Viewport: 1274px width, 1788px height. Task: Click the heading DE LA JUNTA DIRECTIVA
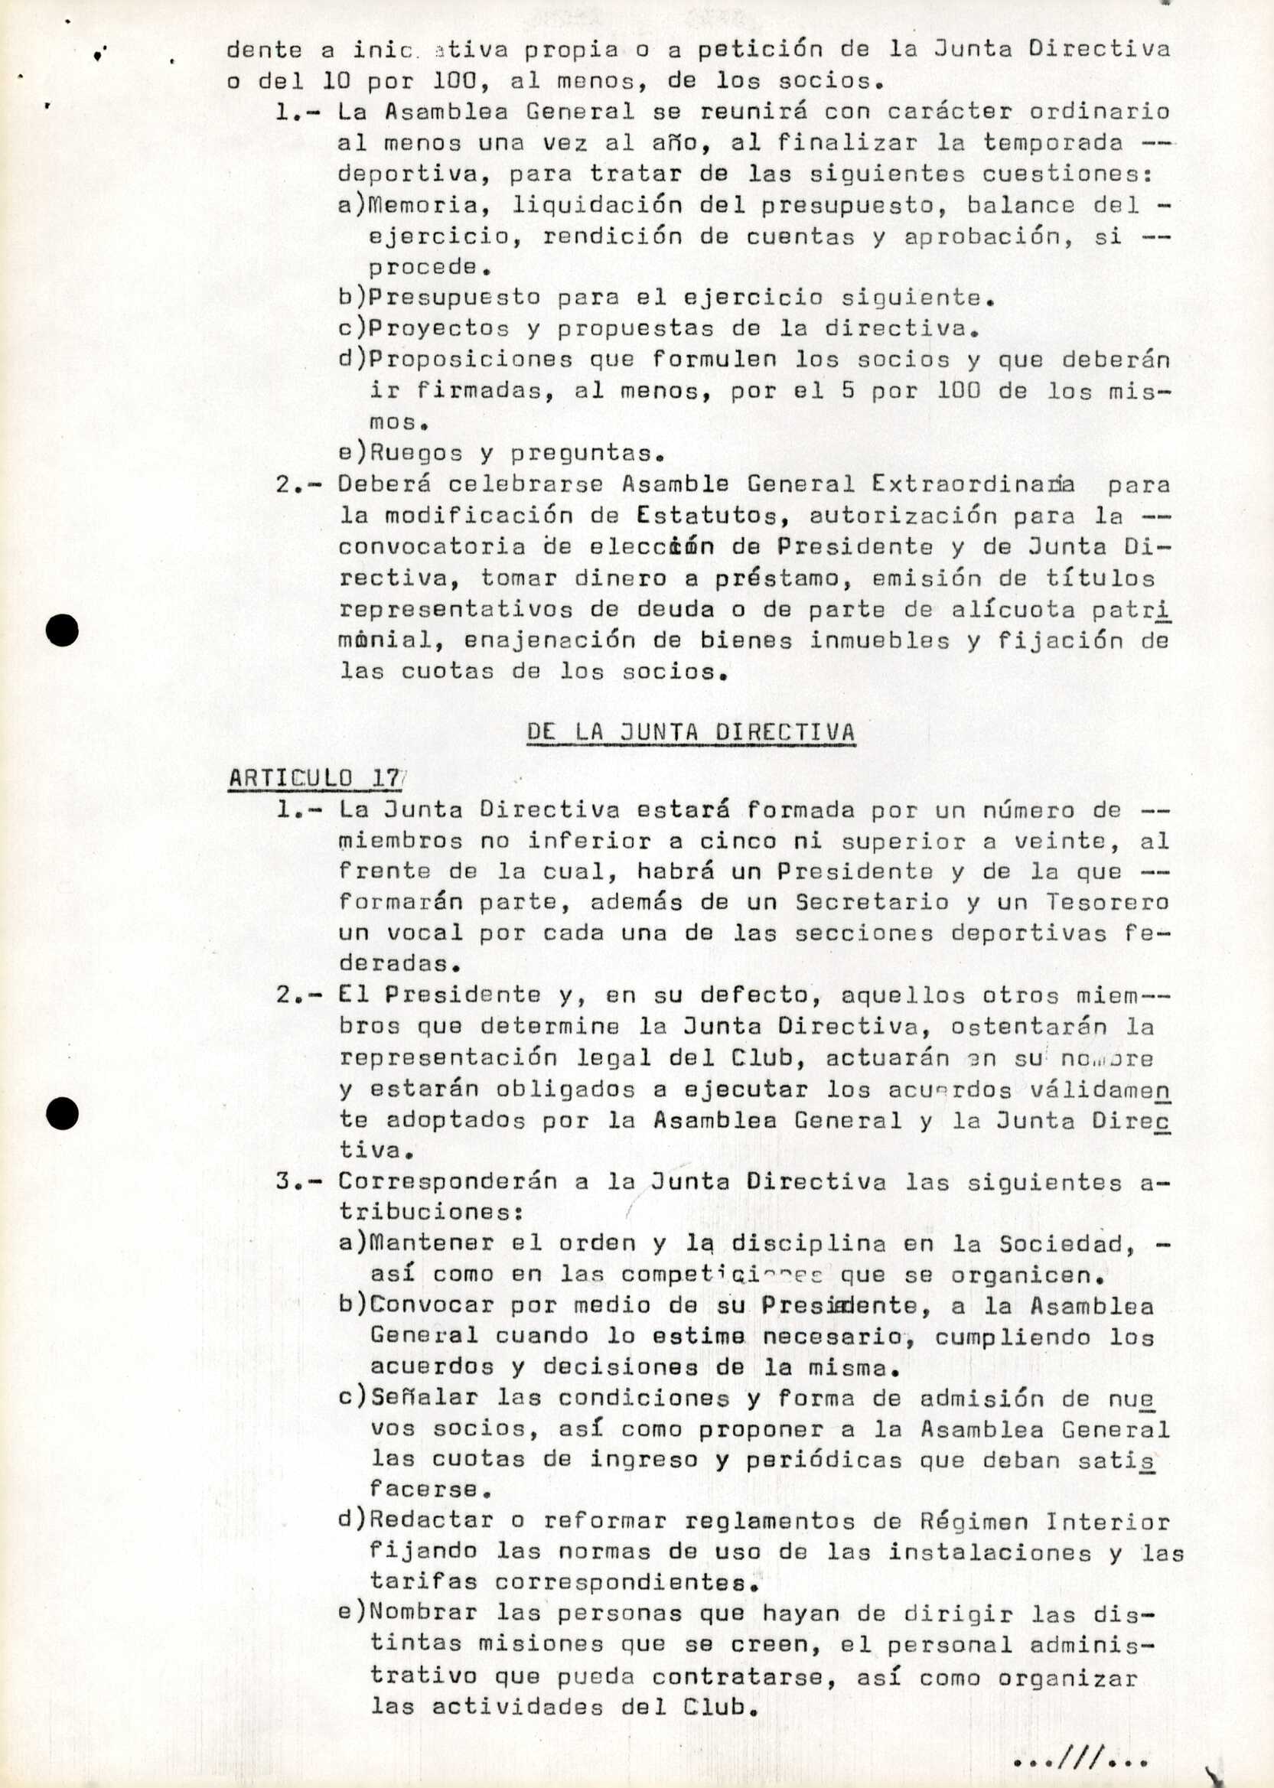690,731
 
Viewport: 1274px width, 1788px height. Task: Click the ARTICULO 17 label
314,778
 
